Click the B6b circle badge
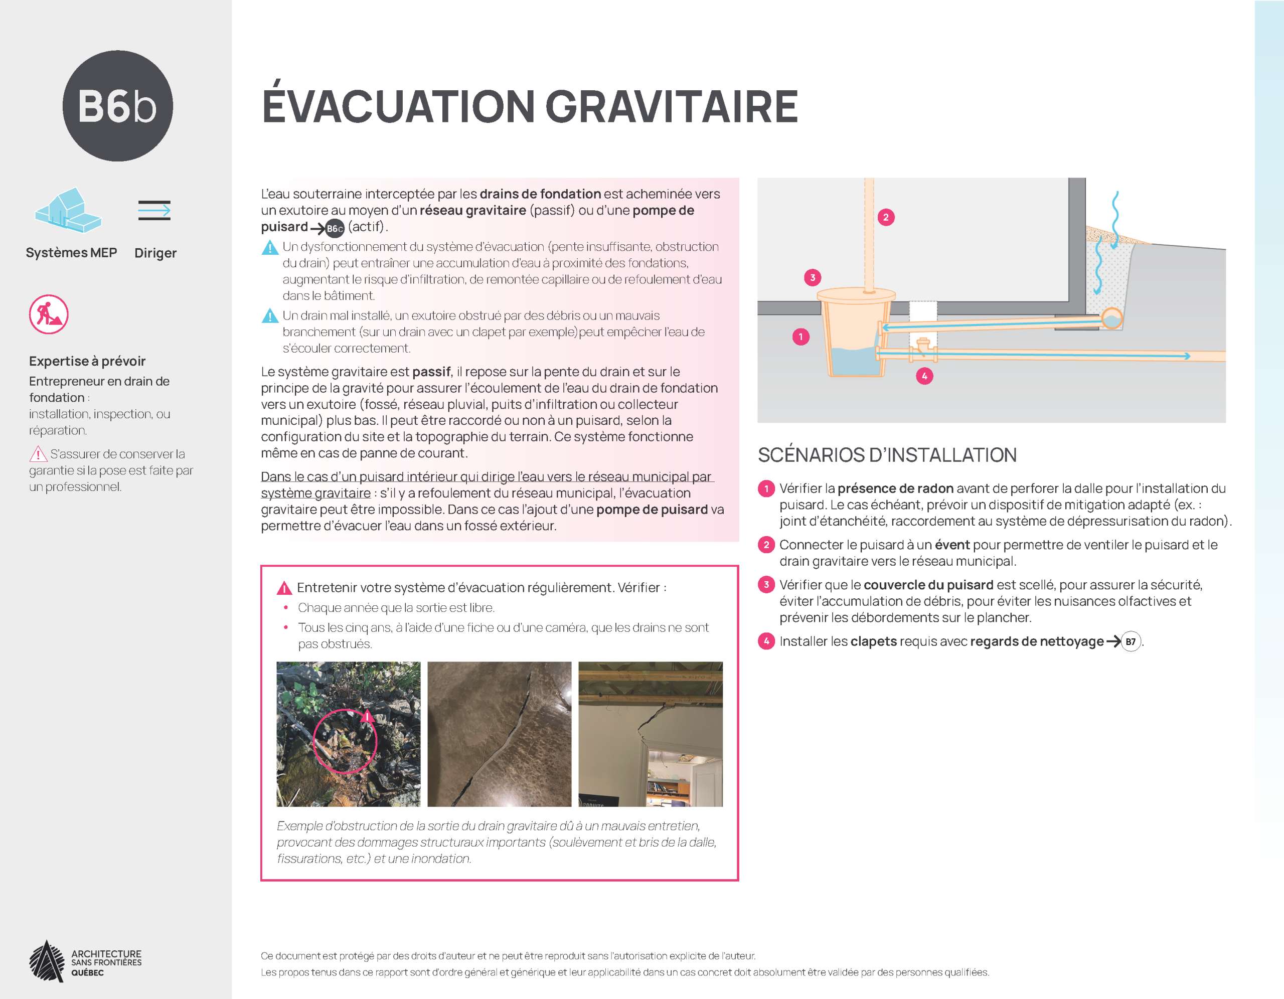[x=117, y=106]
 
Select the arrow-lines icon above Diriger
[x=154, y=210]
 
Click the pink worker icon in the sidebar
[x=49, y=314]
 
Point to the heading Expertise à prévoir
[x=87, y=361]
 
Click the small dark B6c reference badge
[x=335, y=229]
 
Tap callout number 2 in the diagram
[x=885, y=218]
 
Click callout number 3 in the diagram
[x=813, y=277]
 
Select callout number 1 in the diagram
[x=800, y=337]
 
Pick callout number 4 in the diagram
[x=924, y=376]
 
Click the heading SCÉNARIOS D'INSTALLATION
[x=887, y=455]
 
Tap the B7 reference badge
[x=1130, y=641]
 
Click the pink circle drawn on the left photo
[x=345, y=741]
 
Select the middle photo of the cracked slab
[x=499, y=734]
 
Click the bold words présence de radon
[x=895, y=488]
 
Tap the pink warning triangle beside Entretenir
[x=284, y=588]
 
